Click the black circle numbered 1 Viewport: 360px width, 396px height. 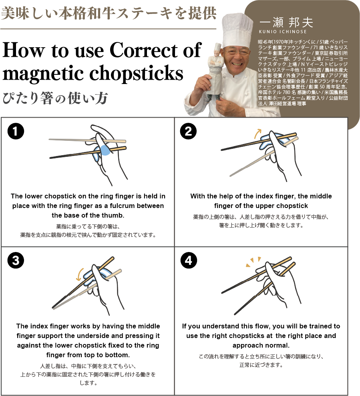click(x=16, y=131)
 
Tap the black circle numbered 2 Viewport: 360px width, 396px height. click(x=189, y=131)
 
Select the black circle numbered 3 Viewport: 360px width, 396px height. click(x=16, y=260)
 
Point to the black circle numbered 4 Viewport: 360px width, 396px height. click(x=189, y=260)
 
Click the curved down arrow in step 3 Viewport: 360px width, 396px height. click(x=79, y=274)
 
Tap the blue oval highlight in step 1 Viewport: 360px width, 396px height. click(x=105, y=150)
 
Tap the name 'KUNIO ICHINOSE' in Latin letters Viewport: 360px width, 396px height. click(x=283, y=32)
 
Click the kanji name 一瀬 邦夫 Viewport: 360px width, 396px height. click(x=286, y=22)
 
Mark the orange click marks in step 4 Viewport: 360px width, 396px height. click(x=253, y=261)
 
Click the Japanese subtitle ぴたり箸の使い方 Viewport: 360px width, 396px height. click(x=55, y=98)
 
